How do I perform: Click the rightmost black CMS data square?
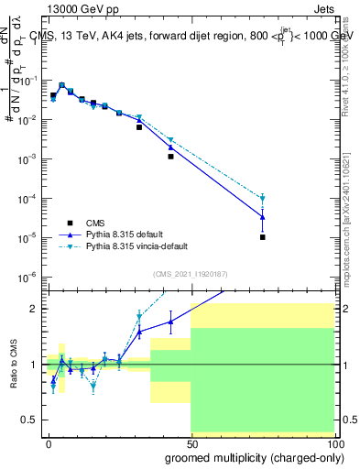point(262,237)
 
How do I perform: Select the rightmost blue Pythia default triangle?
point(262,217)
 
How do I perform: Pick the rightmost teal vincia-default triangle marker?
point(262,198)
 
